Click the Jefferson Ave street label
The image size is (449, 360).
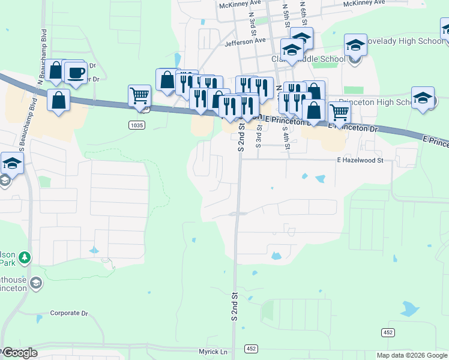coord(245,41)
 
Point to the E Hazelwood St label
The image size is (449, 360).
coord(360,160)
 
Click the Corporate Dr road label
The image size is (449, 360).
coord(69,313)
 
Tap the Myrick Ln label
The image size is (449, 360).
coord(214,352)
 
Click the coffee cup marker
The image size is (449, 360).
coord(75,73)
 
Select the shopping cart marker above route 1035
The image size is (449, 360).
coord(139,95)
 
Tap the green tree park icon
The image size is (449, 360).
coord(25,258)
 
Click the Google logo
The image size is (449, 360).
coord(20,353)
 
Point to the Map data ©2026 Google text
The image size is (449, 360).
coord(412,355)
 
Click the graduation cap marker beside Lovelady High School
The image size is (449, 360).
coord(355,45)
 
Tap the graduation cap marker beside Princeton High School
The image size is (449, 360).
coord(423,98)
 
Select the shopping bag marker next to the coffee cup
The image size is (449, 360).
coord(56,70)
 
